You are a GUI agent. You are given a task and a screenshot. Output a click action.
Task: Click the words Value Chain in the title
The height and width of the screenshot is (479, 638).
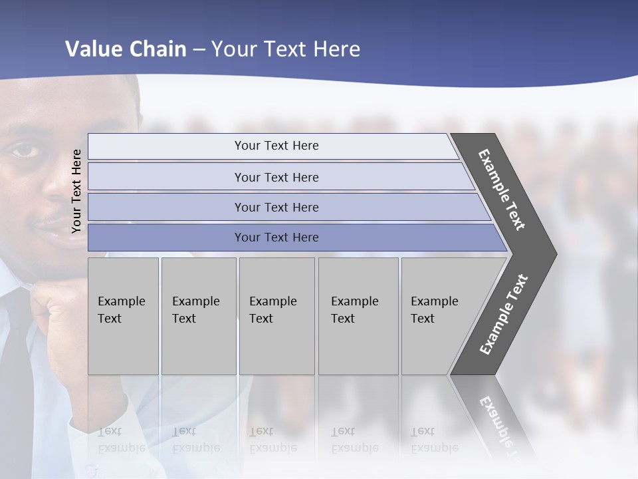click(x=126, y=49)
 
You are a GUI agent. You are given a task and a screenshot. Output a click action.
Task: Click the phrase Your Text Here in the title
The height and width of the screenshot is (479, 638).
click(x=286, y=49)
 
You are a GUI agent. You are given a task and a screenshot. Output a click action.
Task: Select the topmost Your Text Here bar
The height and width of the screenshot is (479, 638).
click(x=276, y=146)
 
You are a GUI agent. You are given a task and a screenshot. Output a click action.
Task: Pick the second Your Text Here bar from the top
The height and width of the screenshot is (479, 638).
click(x=276, y=177)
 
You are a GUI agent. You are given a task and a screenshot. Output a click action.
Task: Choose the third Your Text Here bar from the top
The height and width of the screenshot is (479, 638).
click(x=276, y=207)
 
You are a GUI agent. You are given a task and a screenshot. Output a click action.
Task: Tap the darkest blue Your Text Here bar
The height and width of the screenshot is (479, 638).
click(x=276, y=238)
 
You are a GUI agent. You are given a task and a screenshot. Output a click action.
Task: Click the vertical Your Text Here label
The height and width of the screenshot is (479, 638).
click(x=76, y=191)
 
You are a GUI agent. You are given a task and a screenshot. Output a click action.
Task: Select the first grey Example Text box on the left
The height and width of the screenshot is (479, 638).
click(x=123, y=315)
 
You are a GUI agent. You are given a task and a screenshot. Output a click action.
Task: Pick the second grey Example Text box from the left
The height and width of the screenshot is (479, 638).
click(x=198, y=315)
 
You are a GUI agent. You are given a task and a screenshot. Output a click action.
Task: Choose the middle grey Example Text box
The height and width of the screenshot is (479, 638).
click(x=276, y=315)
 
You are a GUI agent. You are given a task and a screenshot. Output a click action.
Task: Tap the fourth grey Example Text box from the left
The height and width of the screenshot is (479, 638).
click(x=358, y=315)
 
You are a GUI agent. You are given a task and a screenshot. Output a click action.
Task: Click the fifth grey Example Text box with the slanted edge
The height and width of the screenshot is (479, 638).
click(x=439, y=315)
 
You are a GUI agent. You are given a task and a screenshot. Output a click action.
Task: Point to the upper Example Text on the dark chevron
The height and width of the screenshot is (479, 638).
click(x=502, y=190)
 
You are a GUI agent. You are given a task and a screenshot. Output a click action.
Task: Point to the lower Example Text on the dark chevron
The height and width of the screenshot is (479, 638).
click(x=504, y=314)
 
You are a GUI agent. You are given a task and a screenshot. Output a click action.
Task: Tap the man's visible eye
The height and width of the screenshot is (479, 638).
click(x=25, y=150)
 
